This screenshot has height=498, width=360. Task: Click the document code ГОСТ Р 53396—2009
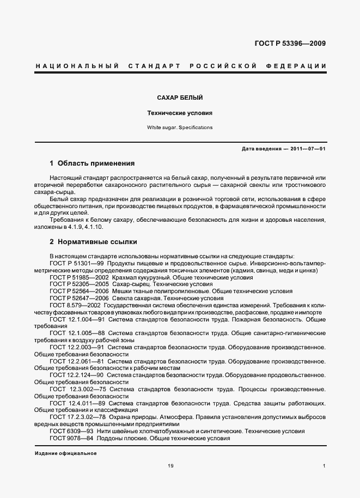[291, 44]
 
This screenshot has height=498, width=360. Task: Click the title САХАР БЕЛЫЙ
[180, 98]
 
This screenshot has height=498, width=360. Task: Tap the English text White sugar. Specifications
[180, 127]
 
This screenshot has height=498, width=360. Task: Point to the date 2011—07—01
[308, 149]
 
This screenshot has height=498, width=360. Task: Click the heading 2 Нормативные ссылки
[93, 241]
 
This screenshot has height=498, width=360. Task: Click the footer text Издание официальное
[65, 453]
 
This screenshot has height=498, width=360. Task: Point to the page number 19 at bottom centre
[170, 466]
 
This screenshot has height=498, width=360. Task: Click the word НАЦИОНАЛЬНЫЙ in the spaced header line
[77, 66]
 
